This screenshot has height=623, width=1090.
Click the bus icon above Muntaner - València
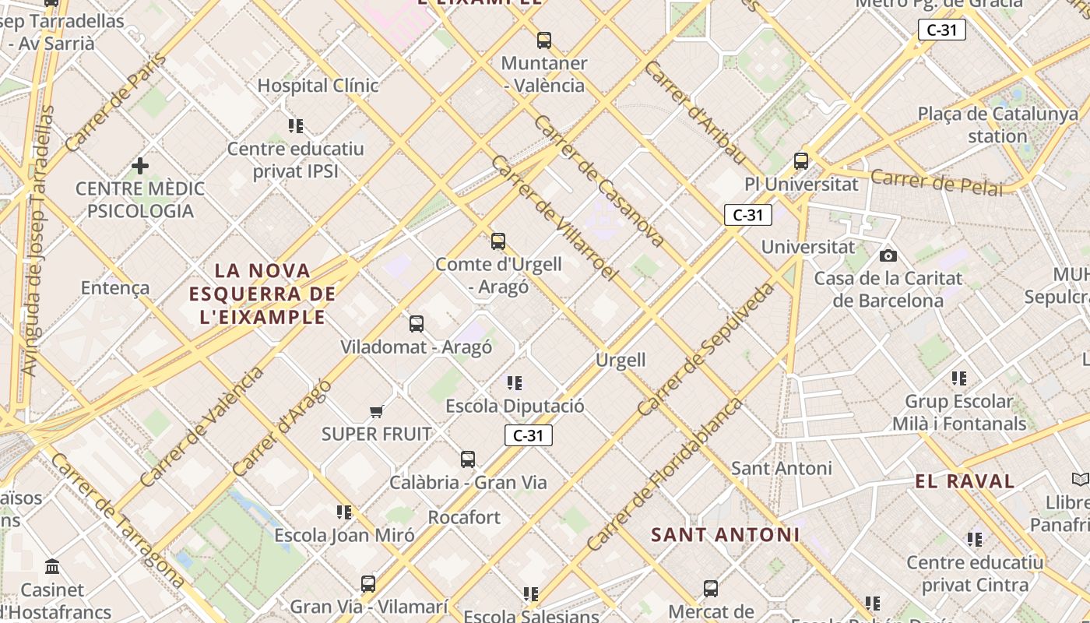coord(544,40)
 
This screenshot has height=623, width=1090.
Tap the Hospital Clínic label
coord(318,86)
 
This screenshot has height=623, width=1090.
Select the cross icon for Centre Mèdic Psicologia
coord(140,166)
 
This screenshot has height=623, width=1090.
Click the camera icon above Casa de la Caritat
coord(888,255)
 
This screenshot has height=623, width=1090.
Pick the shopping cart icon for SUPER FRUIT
coord(377,411)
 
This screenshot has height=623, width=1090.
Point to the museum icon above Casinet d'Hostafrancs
coord(52,566)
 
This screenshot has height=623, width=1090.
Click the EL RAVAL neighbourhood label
coord(965,481)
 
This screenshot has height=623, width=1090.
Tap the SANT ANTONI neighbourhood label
coord(725,534)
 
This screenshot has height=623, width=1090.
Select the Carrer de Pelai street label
coord(937,181)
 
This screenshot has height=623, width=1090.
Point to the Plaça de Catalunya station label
coord(998,125)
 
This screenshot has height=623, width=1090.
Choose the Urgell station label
coord(621,360)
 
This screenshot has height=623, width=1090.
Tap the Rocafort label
coord(464,517)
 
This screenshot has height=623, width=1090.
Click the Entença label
coord(115,288)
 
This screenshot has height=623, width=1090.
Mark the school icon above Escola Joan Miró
coord(344,512)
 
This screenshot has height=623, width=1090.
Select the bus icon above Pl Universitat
coord(801,161)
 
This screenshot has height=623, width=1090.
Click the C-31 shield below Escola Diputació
coord(529,435)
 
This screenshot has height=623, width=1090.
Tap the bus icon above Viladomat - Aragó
coord(417,323)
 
